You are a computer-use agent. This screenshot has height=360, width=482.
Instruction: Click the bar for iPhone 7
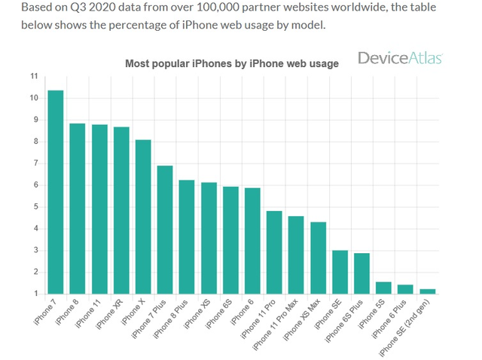56,192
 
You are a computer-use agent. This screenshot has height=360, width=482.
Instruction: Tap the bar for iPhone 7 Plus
165,230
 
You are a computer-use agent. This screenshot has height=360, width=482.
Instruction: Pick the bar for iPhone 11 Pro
274,252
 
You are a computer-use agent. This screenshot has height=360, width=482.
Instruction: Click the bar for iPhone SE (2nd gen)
428,291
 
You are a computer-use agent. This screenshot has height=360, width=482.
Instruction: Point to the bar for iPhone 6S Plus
362,273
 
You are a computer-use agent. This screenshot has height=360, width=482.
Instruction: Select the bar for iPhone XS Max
319,258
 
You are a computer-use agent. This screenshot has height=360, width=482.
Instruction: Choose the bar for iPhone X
143,217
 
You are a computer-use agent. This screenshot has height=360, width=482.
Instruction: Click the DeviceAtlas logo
400,59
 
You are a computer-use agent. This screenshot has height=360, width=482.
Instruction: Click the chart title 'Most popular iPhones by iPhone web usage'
231,63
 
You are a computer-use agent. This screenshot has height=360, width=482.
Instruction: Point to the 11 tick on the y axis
33,76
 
